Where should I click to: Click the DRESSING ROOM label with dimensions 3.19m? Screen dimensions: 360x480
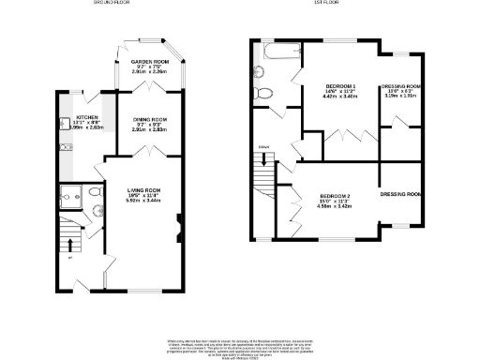tap(400, 86)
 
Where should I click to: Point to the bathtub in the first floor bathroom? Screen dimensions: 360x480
tap(278, 51)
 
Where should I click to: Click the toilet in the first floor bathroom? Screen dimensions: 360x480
tap(264, 93)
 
